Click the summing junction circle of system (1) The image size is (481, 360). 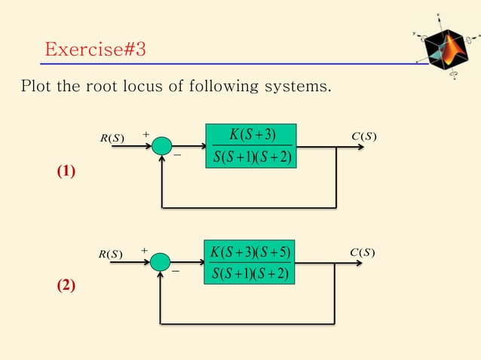(x=162, y=146)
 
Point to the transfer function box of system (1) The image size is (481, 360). (x=253, y=146)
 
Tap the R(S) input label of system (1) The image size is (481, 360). (x=112, y=138)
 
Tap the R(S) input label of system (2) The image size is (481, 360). (x=112, y=254)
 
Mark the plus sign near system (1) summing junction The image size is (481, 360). (x=145, y=136)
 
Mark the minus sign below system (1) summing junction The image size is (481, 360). (x=178, y=157)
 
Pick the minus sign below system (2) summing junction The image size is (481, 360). (x=176, y=272)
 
